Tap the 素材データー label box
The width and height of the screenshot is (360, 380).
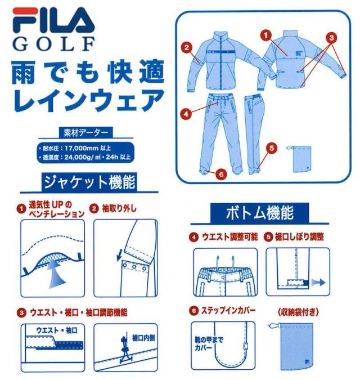tap(84, 133)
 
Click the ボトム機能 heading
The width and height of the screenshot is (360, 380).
tap(259, 213)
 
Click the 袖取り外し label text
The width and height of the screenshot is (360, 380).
tap(118, 209)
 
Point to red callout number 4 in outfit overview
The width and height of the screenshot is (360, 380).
tap(185, 112)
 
